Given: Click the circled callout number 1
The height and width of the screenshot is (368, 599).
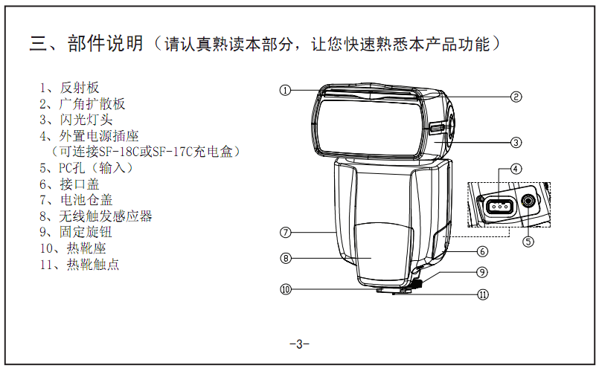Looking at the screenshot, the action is coord(285,91).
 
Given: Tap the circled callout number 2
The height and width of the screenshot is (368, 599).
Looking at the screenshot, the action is coord(516,97).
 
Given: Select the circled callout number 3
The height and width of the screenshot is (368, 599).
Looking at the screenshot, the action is coord(516,143).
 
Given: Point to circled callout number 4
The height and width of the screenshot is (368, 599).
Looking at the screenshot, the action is coord(516,169).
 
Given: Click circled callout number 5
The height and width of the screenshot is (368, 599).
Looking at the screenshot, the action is coord(528,242).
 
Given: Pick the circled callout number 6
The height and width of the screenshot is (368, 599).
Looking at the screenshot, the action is coord(482,251).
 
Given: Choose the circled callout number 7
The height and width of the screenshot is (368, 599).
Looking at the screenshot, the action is coord(286,233).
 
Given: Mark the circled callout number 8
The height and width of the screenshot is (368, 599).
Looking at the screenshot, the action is coord(286,259).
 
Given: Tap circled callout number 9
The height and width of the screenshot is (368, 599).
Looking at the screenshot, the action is coord(482,272).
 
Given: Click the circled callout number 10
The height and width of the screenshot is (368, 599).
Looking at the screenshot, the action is coord(286,289).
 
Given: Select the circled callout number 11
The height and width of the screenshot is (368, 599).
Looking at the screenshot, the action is coord(483,294).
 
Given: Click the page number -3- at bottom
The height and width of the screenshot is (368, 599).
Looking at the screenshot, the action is coord(299,344).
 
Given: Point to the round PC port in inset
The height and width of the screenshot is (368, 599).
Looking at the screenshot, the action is coord(528,201).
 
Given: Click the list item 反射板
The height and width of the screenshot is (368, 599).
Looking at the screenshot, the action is coord(80,88).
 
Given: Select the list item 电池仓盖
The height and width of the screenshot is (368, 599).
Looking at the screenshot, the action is coord(86,200).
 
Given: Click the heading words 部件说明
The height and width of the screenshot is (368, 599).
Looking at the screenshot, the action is coord(105,43).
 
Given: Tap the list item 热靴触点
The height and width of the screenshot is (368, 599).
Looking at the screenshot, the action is coord(93,264).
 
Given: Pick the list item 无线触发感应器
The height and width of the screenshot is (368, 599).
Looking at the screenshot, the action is coord(106,216).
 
